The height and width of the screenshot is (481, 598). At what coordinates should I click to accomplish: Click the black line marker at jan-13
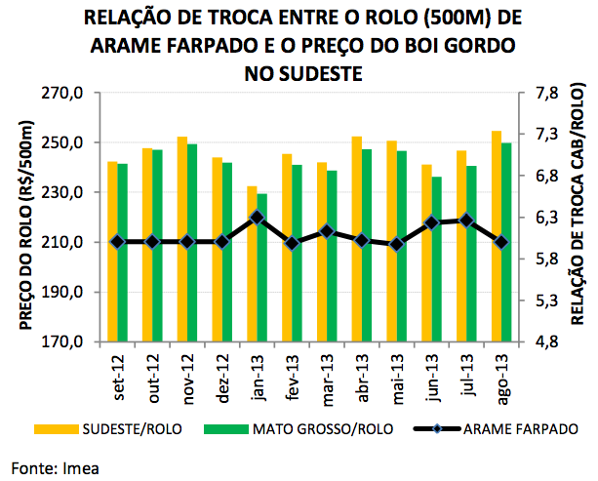point(257,217)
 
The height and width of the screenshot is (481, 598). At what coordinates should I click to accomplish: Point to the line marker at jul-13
point(466,220)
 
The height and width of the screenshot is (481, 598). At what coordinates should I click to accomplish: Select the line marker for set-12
point(117,242)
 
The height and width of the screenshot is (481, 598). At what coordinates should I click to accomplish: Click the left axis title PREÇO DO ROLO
point(28,218)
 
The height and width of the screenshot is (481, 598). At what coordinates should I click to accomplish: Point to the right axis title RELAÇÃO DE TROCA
point(577,218)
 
